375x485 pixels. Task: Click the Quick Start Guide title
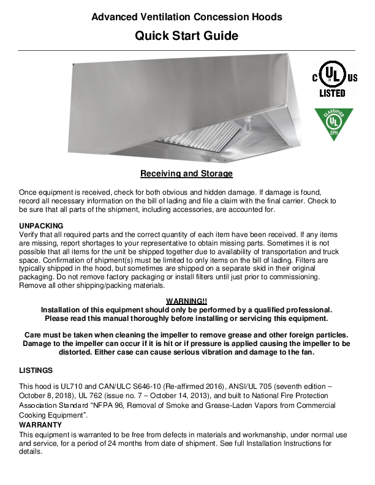[186, 36]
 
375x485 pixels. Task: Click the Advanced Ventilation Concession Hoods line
[186, 17]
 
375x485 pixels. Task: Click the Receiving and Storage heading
[186, 174]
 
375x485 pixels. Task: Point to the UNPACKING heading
[41, 226]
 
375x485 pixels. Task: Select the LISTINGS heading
[36, 370]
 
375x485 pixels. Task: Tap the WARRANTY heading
[39, 424]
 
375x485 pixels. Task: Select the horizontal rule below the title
[186, 51]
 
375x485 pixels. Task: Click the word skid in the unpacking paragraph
[238, 269]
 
